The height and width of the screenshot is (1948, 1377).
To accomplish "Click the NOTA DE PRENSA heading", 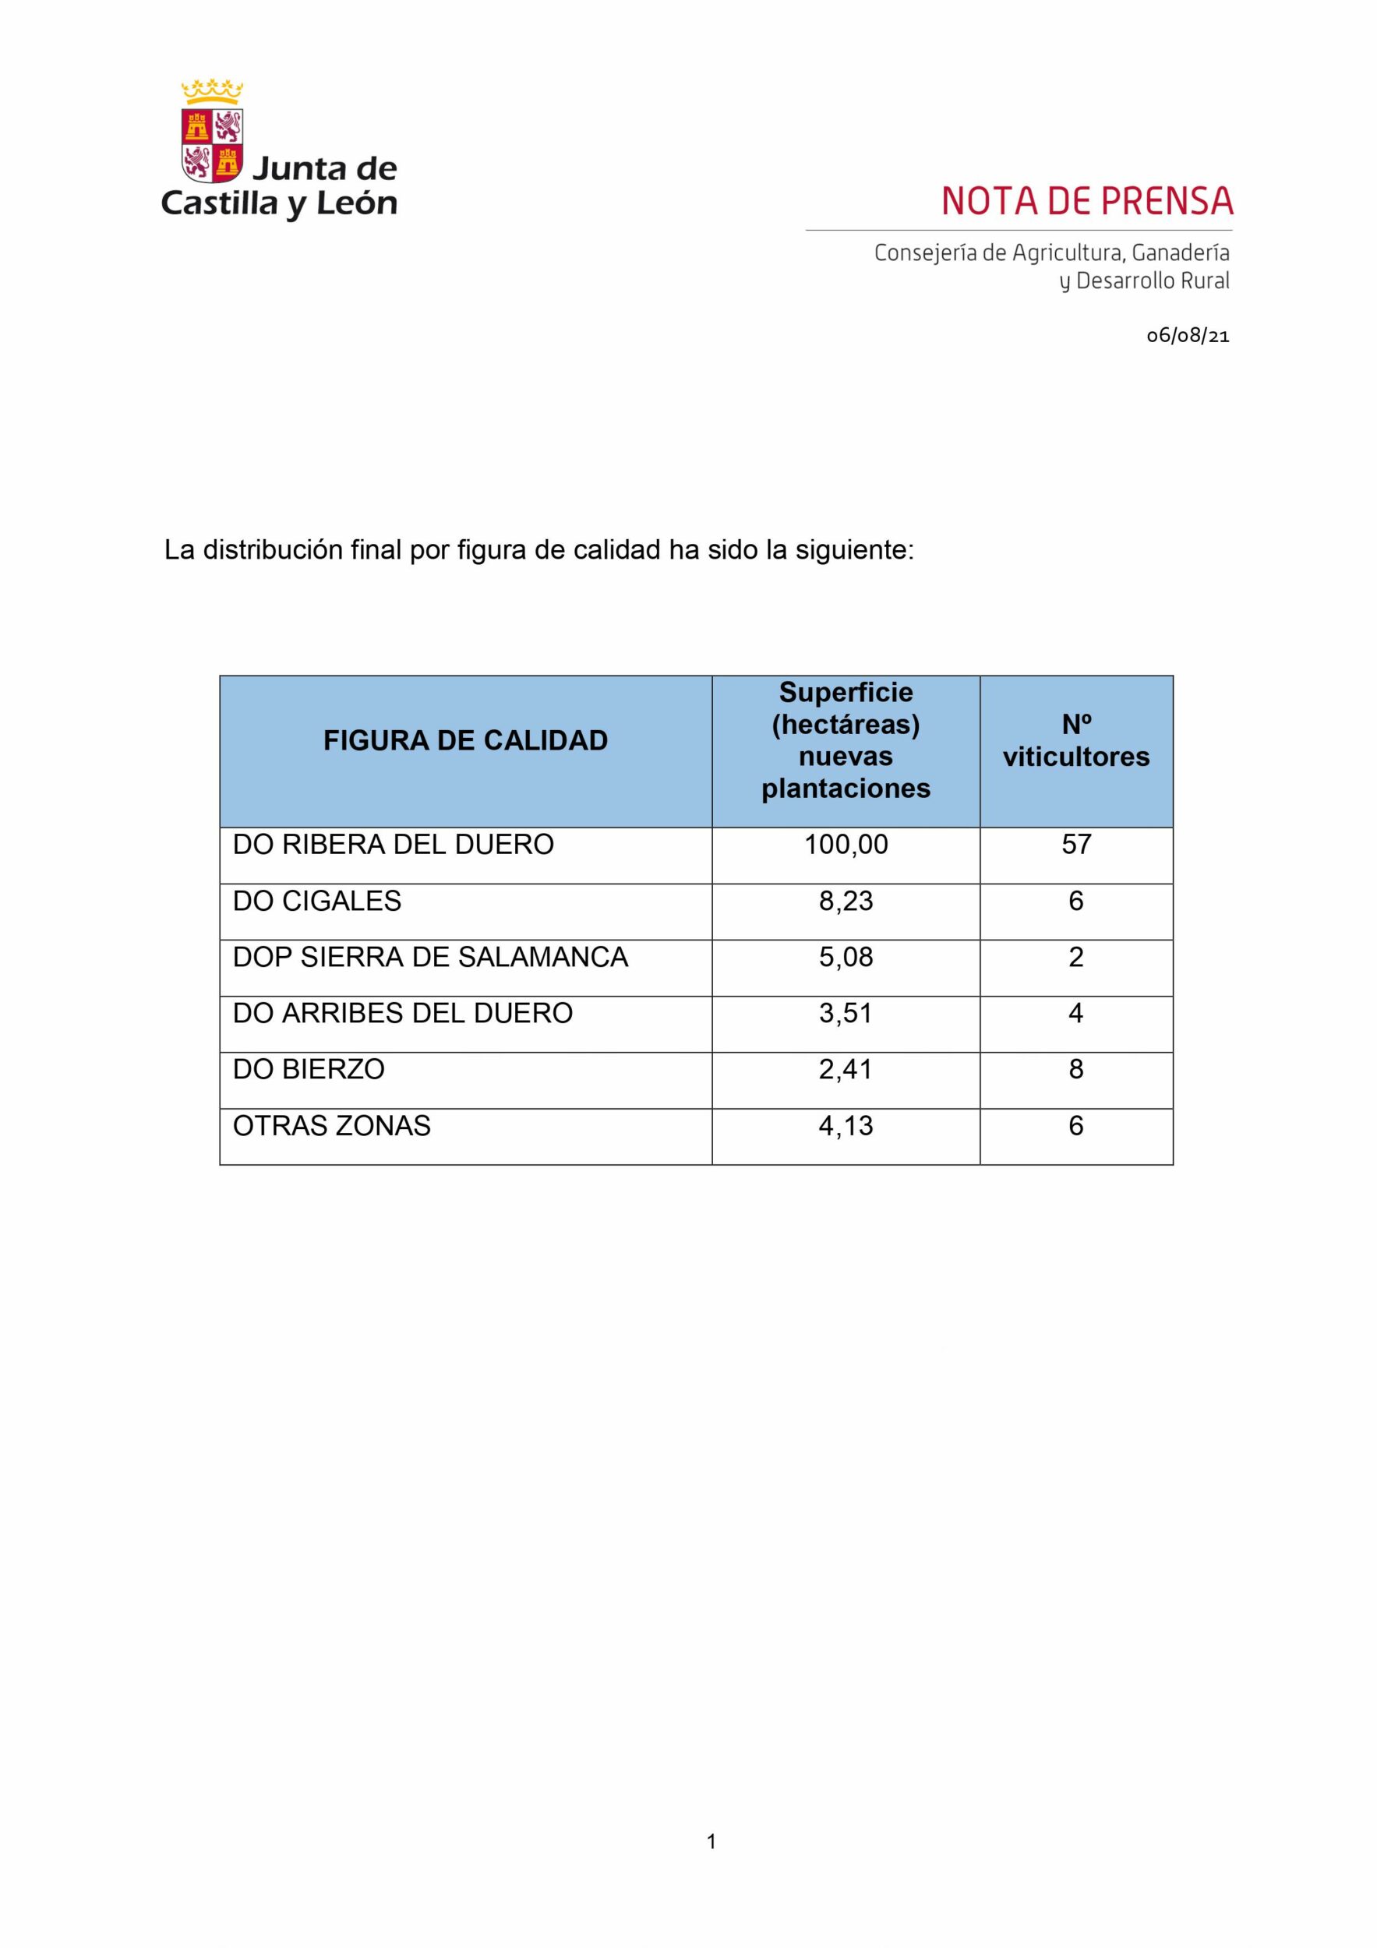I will tap(1086, 201).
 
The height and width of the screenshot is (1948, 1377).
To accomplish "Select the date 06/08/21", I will tap(1187, 336).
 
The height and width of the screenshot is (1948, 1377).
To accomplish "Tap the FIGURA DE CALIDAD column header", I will tap(465, 741).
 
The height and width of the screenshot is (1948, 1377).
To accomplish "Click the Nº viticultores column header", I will tap(1076, 741).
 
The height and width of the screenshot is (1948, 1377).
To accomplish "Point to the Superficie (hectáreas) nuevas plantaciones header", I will tap(845, 741).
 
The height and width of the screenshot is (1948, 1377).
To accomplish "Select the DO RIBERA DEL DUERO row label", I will tap(393, 845).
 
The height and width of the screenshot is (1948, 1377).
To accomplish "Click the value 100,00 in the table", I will tap(846, 845).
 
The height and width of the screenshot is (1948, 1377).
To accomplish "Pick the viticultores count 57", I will tap(1076, 845).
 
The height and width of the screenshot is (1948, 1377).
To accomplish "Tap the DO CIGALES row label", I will tap(316, 901).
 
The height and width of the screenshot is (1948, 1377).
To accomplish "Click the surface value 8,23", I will tap(846, 901).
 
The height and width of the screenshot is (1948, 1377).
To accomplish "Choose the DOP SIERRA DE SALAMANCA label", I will tap(430, 957).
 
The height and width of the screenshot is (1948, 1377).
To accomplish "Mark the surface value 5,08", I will tap(846, 957).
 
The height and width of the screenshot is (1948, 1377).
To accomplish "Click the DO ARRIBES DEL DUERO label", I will tap(402, 1013).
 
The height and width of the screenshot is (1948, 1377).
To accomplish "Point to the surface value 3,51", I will tap(846, 1013).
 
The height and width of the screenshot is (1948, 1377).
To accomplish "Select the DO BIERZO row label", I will tap(308, 1069).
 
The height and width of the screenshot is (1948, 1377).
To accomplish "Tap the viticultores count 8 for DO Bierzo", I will tap(1076, 1069).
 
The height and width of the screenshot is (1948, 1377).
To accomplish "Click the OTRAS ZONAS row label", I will tap(331, 1126).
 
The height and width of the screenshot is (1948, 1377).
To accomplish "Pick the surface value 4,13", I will tap(846, 1126).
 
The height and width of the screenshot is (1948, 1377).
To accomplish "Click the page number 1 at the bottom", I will tap(711, 1841).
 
